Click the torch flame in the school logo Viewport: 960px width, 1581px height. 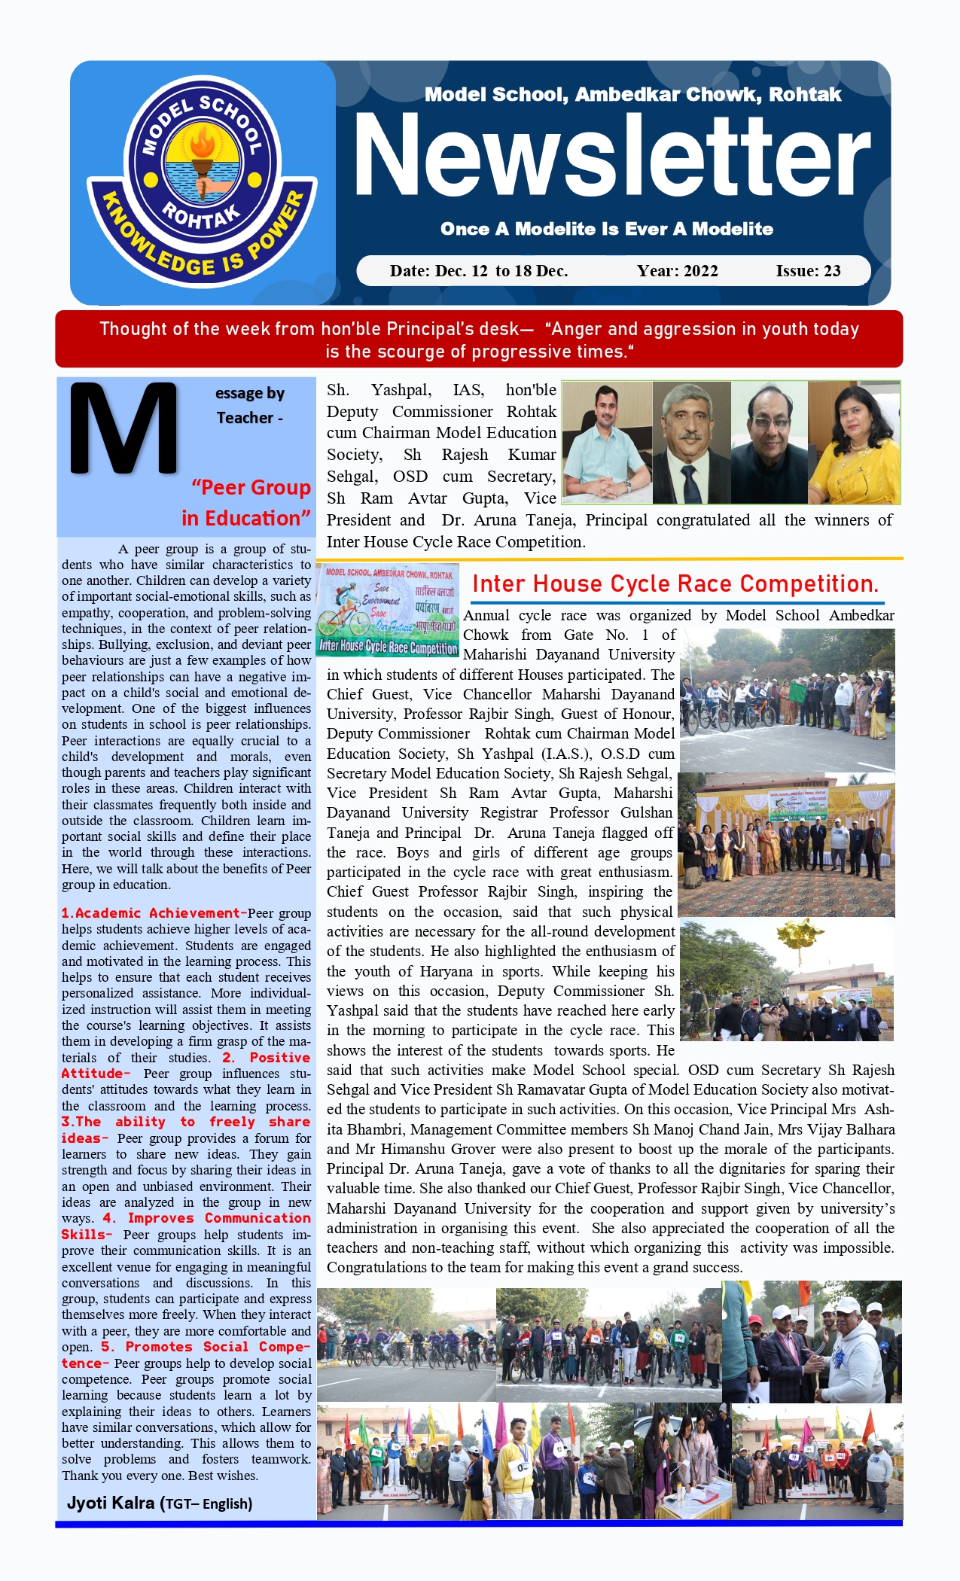pos(202,142)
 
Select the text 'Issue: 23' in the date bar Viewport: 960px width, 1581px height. pos(808,271)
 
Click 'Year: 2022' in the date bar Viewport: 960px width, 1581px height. pos(677,271)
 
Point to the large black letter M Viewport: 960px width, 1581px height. pos(123,428)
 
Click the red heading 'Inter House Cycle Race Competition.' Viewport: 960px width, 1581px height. pos(675,584)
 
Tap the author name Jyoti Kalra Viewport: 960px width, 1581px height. pos(111,1503)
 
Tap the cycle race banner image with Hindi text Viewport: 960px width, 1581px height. pos(389,610)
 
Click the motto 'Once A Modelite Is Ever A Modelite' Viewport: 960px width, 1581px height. pos(607,229)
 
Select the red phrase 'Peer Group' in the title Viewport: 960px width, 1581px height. pos(255,488)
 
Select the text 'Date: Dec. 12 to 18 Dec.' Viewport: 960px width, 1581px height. pos(478,271)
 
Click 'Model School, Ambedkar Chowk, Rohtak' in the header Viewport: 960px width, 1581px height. pos(632,95)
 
